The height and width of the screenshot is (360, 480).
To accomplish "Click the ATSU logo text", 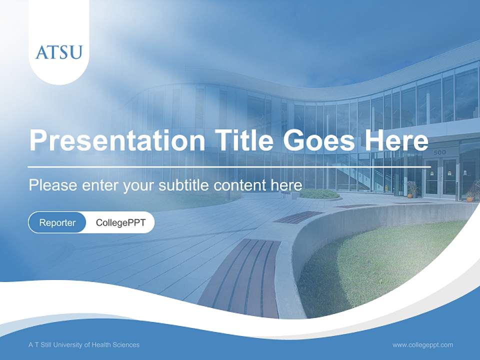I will click(x=58, y=52).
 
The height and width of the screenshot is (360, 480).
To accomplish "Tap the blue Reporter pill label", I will click(x=57, y=223).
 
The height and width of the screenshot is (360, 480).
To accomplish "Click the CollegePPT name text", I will click(x=120, y=223).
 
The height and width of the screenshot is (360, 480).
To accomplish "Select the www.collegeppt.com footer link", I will click(x=422, y=345).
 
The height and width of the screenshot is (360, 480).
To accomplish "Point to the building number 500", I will click(x=439, y=152).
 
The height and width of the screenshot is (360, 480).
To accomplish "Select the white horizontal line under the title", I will click(x=229, y=166).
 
